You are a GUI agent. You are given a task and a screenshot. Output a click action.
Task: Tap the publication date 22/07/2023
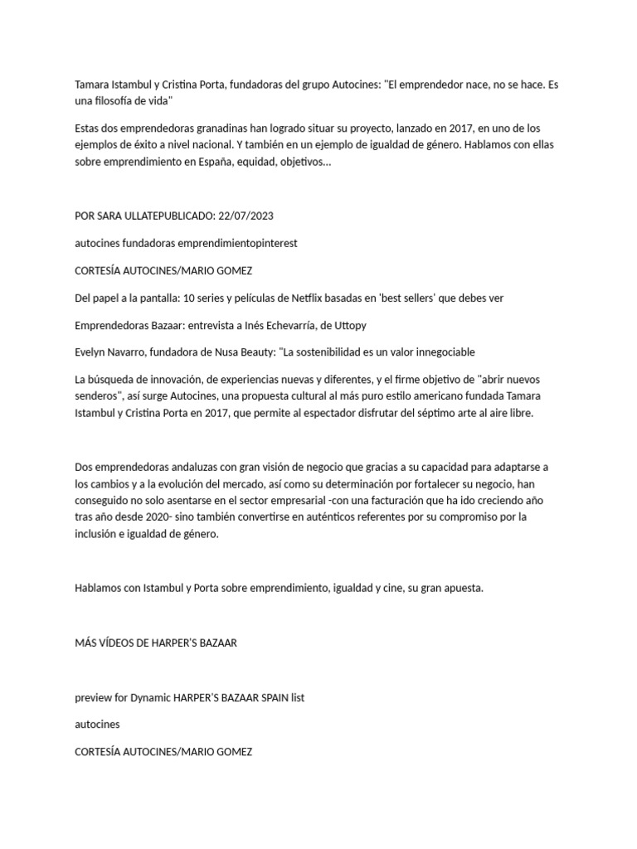click(x=246, y=216)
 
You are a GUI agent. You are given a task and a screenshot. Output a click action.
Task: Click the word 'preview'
click(x=93, y=697)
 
